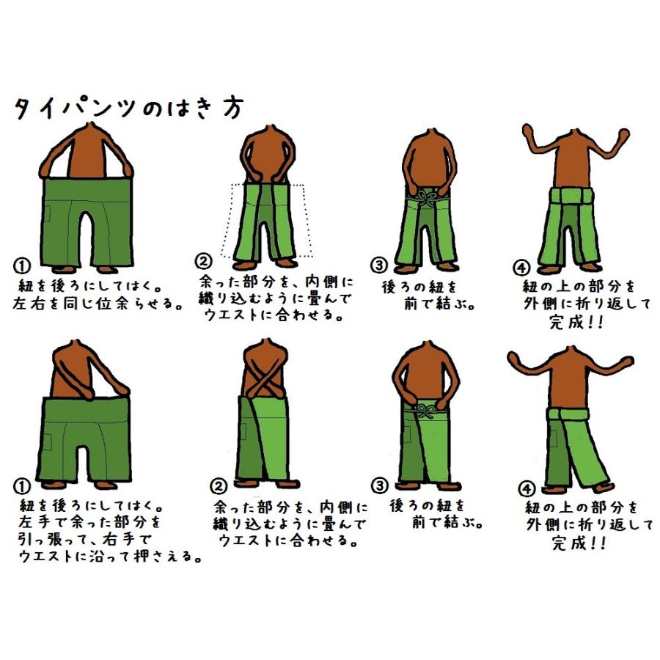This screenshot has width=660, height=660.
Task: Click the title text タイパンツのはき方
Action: click(x=128, y=107)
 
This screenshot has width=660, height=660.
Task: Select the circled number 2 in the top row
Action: click(x=202, y=260)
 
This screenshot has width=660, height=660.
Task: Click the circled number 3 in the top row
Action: click(x=378, y=265)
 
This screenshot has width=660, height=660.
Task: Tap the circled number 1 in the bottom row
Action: click(x=22, y=488)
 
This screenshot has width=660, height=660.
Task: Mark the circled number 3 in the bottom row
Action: click(x=379, y=485)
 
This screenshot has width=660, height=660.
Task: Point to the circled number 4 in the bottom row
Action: click(x=526, y=488)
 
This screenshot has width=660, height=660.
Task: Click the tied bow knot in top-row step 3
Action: click(x=426, y=197)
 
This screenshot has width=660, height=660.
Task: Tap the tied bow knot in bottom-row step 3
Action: click(x=425, y=412)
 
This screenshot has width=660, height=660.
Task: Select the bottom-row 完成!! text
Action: click(x=579, y=543)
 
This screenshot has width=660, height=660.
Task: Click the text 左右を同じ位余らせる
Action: click(x=98, y=303)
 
